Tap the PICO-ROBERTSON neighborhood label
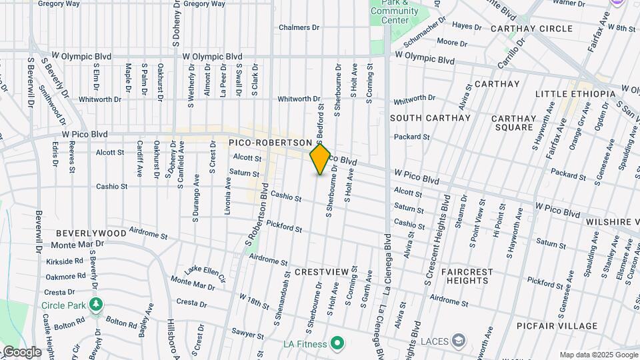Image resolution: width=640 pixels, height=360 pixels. click(270, 143)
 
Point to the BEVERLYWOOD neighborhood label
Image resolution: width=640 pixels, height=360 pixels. click(91, 233)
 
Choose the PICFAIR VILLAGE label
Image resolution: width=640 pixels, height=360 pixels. click(557, 326)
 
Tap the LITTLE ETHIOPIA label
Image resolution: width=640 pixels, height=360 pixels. click(575, 94)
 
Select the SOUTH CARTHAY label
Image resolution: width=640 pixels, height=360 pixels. click(430, 118)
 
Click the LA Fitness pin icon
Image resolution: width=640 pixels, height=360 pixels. click(337, 344)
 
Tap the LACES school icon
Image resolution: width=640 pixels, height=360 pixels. click(458, 341)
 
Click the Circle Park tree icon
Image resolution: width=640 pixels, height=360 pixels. click(97, 305)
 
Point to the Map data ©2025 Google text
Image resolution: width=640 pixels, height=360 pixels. click(598, 355)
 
